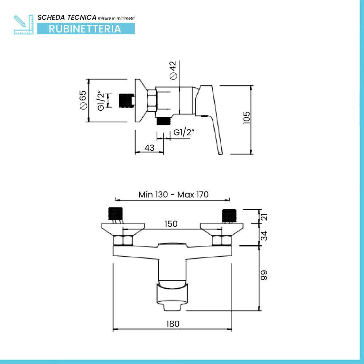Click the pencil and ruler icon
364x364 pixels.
point(23,25)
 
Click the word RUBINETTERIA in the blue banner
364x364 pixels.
point(85,29)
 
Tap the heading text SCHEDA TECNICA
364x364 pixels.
point(67,17)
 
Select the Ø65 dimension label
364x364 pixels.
point(83,100)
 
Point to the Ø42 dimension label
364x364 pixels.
point(173,70)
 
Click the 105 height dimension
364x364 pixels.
point(246,118)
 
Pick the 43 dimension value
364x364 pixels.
point(149,148)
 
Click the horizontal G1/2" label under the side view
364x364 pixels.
point(183,132)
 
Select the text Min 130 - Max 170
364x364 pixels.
point(173,194)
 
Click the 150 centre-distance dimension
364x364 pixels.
point(171,224)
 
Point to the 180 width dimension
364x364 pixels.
point(173,324)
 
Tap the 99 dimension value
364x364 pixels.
point(264,275)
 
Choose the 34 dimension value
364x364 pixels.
point(264,236)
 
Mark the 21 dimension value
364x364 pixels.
point(264,217)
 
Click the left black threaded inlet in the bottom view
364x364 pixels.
point(115,213)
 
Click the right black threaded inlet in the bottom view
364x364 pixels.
point(229,215)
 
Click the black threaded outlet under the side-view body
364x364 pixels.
point(164,121)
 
